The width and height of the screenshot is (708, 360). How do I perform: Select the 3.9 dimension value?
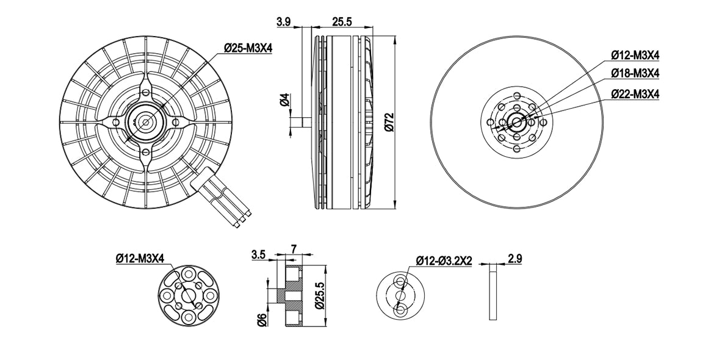(284, 21)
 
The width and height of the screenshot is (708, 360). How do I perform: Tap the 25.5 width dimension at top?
(342, 21)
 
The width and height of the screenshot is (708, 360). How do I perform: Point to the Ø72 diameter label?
(390, 122)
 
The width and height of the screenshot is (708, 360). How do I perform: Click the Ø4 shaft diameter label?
(284, 99)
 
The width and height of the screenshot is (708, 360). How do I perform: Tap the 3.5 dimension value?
(259, 254)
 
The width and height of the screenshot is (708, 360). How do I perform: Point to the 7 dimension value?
(294, 249)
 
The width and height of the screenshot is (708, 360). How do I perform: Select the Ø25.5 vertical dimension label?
(320, 295)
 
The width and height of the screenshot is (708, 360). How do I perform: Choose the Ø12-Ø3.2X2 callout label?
(444, 261)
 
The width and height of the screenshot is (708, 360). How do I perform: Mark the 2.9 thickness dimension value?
(515, 259)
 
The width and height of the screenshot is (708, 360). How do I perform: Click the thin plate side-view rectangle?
(493, 292)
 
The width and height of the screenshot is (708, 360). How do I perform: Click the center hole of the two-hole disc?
(401, 295)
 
